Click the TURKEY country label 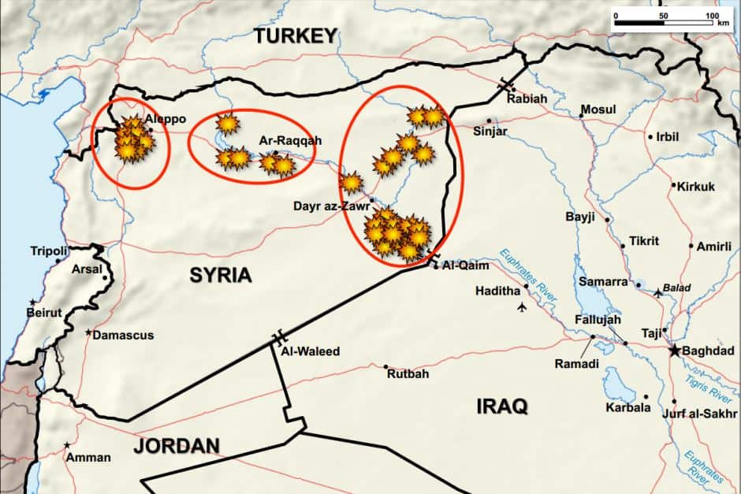click(295, 35)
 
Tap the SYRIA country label click(220, 275)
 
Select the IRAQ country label click(501, 407)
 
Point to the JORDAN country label click(176, 446)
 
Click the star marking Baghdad click(675, 351)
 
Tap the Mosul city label click(598, 110)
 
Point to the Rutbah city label click(408, 373)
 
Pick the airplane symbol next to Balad click(659, 293)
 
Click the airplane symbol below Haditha click(521, 306)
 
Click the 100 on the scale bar click(713, 15)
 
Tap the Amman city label click(88, 457)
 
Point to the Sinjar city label click(490, 132)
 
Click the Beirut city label click(44, 312)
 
